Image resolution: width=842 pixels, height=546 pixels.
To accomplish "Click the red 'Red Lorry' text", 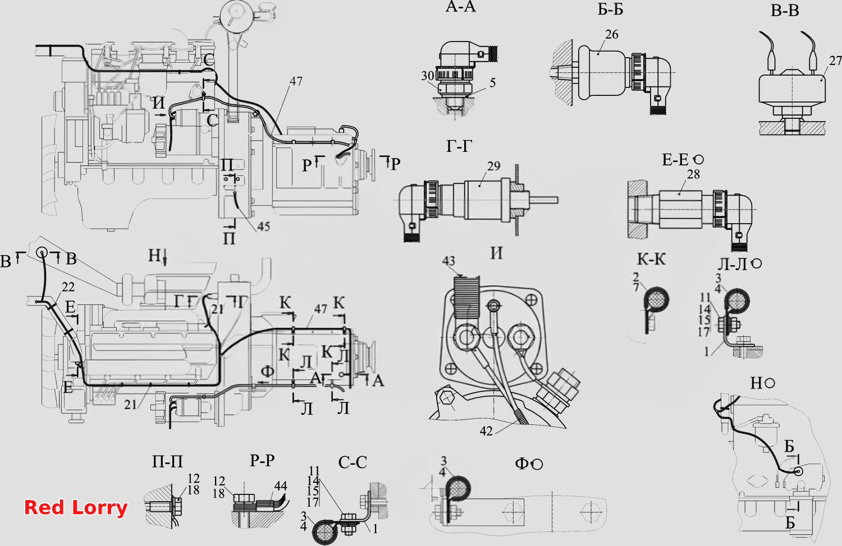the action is pyautogui.click(x=76, y=508).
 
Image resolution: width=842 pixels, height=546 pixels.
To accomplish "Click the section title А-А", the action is pyautogui.click(x=460, y=7).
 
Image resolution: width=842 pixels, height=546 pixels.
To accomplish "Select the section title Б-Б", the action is pyautogui.click(x=611, y=10).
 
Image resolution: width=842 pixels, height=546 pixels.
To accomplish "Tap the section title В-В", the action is pyautogui.click(x=785, y=11).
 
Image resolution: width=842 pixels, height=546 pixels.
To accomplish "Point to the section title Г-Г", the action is pyautogui.click(x=459, y=146).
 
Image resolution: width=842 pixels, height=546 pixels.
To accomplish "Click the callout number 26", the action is pyautogui.click(x=612, y=35).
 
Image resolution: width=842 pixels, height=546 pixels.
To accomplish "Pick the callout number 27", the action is pyautogui.click(x=835, y=61).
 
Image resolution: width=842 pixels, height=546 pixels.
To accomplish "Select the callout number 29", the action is pyautogui.click(x=493, y=166).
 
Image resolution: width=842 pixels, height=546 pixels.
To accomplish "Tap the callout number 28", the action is pyautogui.click(x=693, y=174).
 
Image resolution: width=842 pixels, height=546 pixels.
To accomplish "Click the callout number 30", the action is pyautogui.click(x=428, y=76).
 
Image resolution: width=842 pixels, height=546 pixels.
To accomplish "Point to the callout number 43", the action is pyautogui.click(x=449, y=261).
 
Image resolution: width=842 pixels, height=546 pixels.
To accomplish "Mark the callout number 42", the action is pyautogui.click(x=486, y=431).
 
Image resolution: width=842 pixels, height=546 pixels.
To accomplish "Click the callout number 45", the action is pyautogui.click(x=263, y=226).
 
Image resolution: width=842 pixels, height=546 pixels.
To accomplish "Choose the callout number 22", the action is pyautogui.click(x=68, y=287).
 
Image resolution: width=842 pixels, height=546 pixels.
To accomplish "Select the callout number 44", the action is pyautogui.click(x=281, y=486).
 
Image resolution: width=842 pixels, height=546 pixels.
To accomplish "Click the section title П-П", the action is pyautogui.click(x=167, y=461).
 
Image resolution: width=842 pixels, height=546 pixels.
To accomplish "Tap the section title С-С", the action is pyautogui.click(x=353, y=462).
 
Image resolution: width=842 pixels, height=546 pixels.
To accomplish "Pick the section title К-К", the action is pyautogui.click(x=651, y=260).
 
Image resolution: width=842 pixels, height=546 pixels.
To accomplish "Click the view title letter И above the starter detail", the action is pyautogui.click(x=497, y=254).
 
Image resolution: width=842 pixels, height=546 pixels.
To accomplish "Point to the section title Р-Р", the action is pyautogui.click(x=262, y=460).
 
